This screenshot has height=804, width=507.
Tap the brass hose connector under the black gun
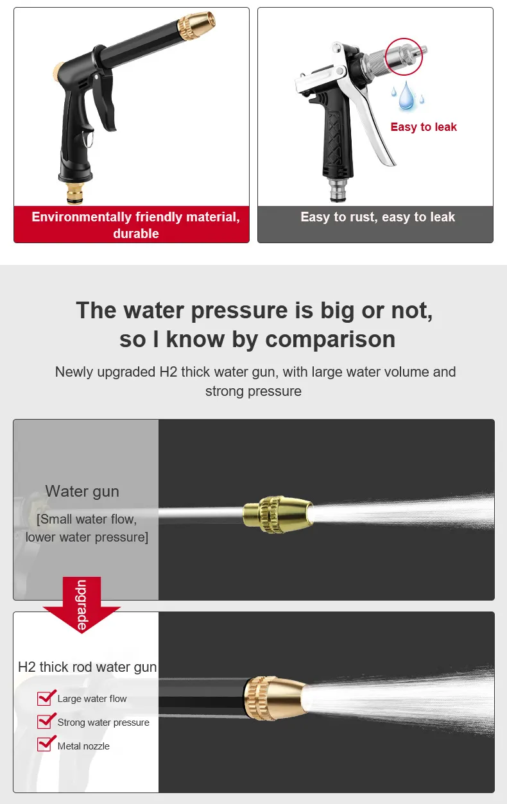(x=75, y=192)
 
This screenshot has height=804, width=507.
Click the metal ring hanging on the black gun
(x=89, y=138)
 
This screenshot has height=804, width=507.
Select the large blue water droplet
(x=406, y=96)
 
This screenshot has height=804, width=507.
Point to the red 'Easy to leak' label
(x=424, y=127)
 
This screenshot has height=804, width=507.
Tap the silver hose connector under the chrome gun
(x=338, y=190)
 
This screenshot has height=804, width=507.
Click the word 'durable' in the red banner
(x=135, y=234)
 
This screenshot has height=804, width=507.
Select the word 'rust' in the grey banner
(x=363, y=217)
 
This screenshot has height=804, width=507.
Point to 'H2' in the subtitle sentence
(x=168, y=372)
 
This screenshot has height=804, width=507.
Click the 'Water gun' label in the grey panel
(x=82, y=492)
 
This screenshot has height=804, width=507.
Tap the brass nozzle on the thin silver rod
(x=277, y=515)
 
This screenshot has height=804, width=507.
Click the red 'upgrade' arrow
(x=82, y=604)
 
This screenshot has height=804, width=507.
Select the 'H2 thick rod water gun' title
(x=87, y=667)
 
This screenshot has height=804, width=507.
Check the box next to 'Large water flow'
(x=44, y=698)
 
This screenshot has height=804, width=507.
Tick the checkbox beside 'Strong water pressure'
(x=44, y=721)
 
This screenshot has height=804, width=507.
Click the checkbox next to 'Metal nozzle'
(x=44, y=744)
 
